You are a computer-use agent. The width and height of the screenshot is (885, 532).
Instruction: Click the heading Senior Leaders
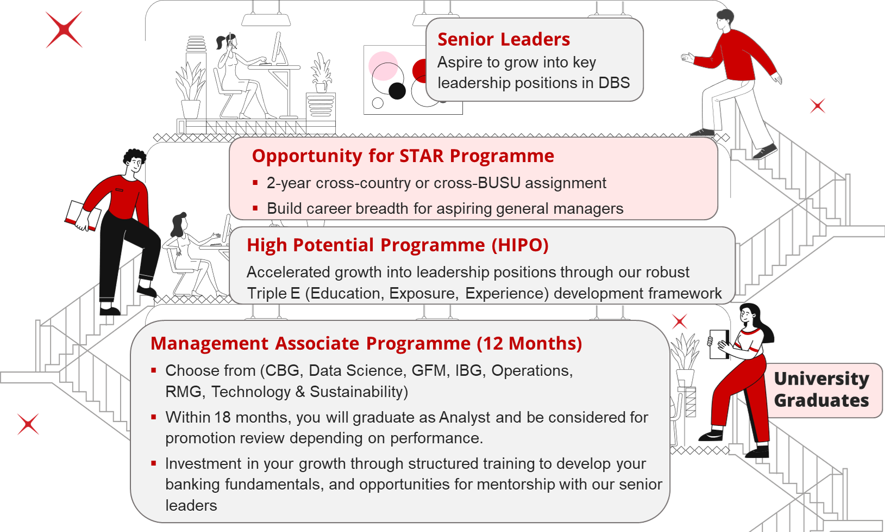504,39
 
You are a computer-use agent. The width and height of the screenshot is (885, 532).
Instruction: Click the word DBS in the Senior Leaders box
614,83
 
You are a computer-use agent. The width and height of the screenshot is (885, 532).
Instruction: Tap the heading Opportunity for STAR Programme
403,156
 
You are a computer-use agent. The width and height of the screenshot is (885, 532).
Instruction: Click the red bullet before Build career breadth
255,208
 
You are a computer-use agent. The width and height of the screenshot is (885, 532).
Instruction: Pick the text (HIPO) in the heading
520,245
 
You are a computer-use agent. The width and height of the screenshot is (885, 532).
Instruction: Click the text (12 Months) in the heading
529,344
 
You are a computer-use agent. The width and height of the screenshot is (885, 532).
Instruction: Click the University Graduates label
821,389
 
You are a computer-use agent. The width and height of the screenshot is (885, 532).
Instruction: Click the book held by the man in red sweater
83,215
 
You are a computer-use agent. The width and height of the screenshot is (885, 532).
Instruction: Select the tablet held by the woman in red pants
718,344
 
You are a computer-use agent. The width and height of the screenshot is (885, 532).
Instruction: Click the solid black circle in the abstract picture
397,91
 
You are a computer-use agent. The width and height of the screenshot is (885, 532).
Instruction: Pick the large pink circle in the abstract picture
383,65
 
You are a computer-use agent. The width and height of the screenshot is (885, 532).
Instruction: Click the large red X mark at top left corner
64,30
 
